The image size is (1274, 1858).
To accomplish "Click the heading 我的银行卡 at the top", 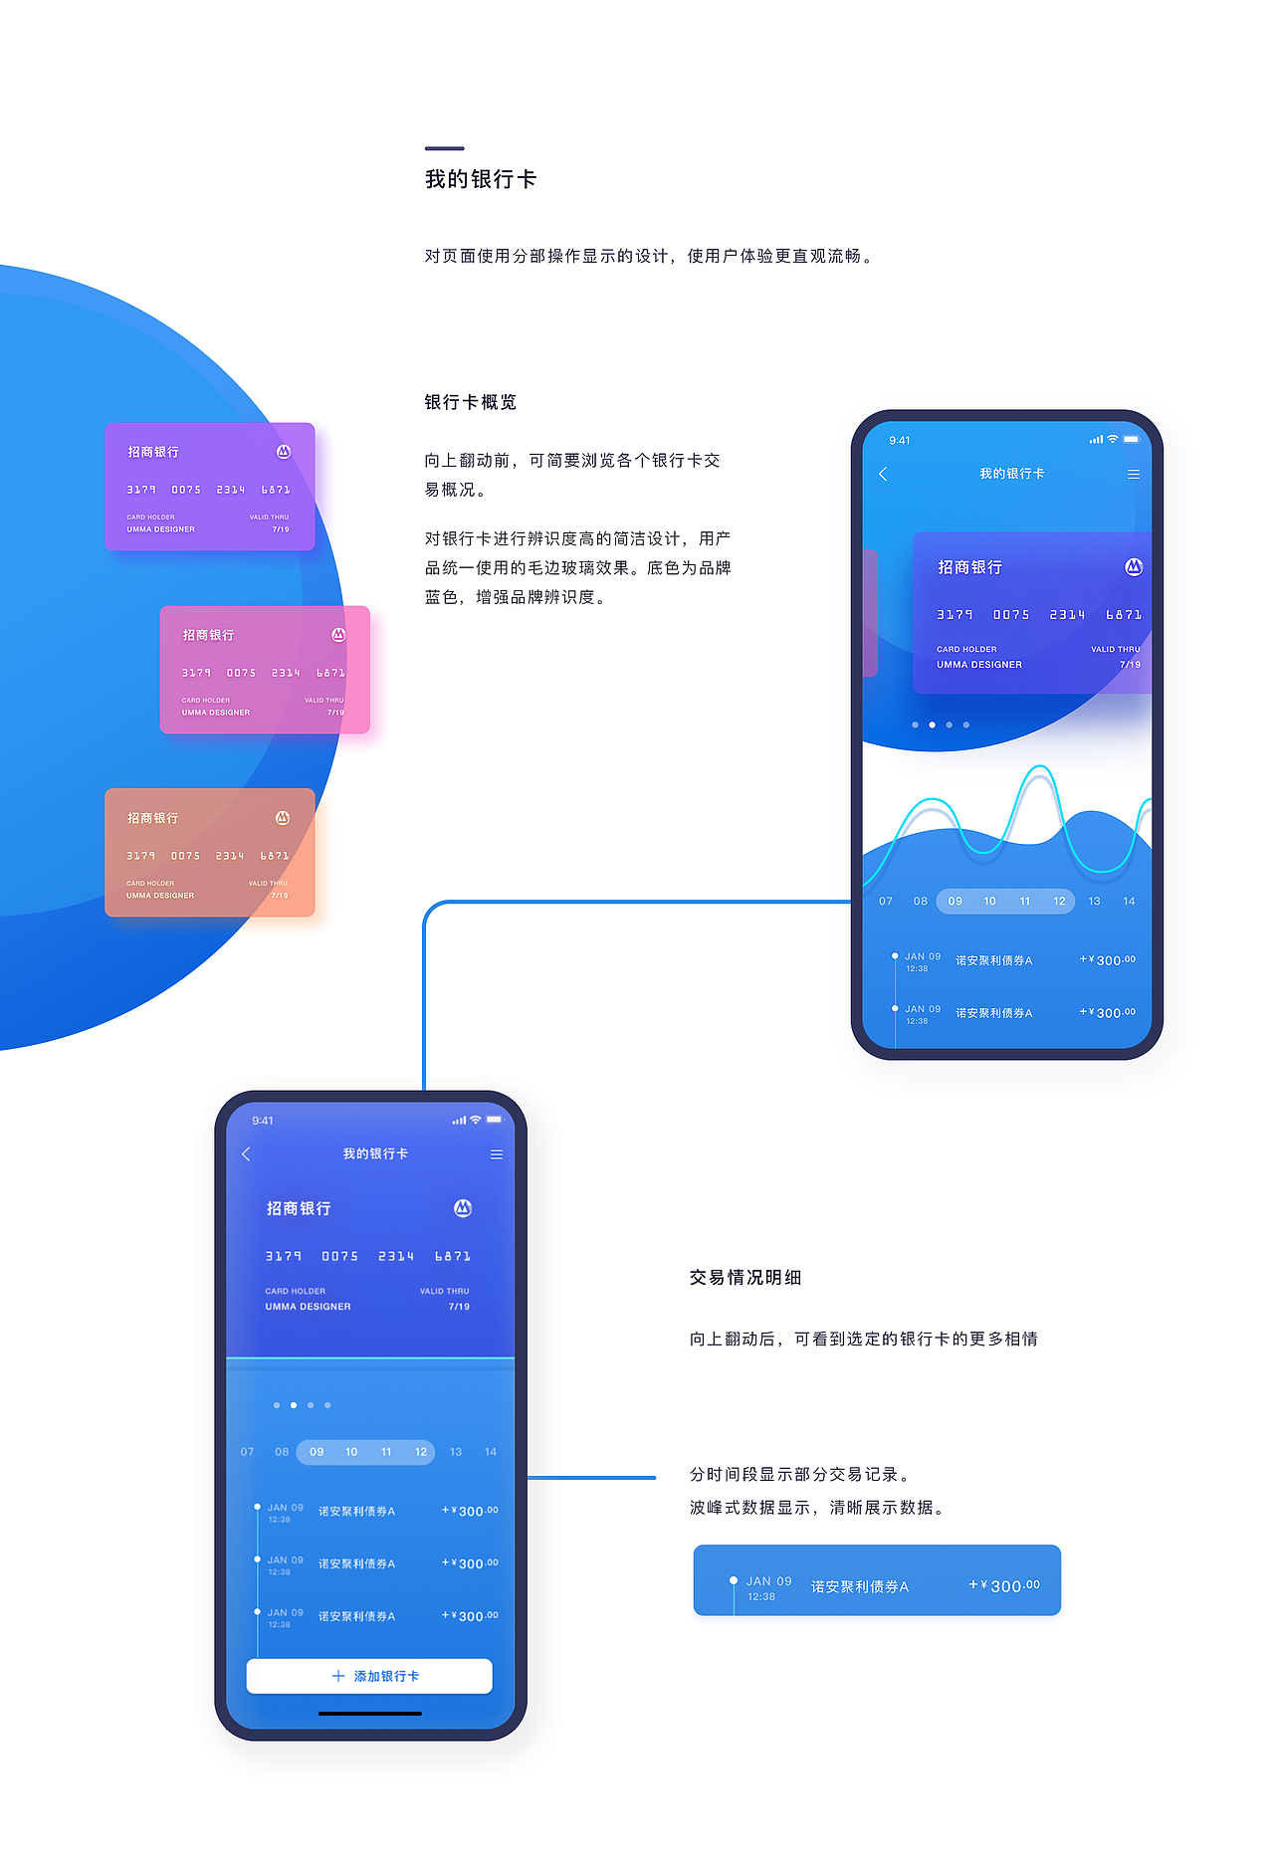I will click(481, 179).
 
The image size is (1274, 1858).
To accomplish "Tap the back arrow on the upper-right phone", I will click(883, 474).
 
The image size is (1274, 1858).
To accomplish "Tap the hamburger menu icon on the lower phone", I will click(496, 1154).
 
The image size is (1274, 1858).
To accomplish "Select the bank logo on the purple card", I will click(284, 452).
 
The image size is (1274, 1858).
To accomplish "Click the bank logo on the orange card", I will click(283, 818).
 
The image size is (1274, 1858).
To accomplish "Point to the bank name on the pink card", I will click(208, 635).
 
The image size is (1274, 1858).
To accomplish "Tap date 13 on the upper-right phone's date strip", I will click(1094, 902).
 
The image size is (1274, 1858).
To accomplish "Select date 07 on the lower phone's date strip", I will click(247, 1452).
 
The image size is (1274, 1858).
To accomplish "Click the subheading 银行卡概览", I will click(471, 402).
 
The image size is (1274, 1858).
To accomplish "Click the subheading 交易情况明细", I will click(745, 1278).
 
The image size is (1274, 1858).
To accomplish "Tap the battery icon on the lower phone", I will click(495, 1121).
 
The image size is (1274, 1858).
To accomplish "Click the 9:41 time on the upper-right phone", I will click(900, 440).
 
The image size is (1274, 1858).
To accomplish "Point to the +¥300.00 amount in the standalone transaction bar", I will click(1005, 1585).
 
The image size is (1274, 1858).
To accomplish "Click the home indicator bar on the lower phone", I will click(370, 1714).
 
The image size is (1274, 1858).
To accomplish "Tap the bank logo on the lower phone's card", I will click(463, 1208).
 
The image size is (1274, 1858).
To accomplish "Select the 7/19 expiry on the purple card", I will click(281, 529).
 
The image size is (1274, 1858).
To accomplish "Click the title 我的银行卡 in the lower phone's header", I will click(375, 1154).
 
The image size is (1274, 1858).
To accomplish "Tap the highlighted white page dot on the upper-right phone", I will click(932, 724).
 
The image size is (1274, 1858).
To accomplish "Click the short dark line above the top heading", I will click(444, 148).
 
